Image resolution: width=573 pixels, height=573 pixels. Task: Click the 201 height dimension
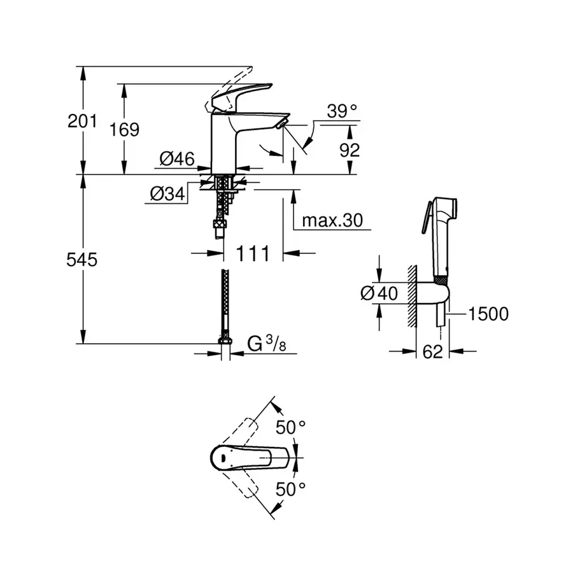click(x=82, y=120)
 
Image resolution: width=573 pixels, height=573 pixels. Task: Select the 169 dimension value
click(x=124, y=129)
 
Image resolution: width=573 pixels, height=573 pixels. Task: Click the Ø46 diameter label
click(x=176, y=160)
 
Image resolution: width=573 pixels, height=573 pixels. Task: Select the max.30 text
click(x=332, y=220)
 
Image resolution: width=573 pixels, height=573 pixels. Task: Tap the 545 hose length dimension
click(x=82, y=260)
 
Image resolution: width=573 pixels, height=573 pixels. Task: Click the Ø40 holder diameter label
click(x=379, y=294)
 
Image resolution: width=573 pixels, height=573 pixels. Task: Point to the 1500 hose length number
click(x=488, y=313)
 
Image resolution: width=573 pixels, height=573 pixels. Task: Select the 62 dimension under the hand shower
click(x=432, y=351)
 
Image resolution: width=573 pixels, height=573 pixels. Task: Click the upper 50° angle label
click(x=291, y=427)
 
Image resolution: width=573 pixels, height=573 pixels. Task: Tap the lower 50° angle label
click(x=291, y=488)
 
